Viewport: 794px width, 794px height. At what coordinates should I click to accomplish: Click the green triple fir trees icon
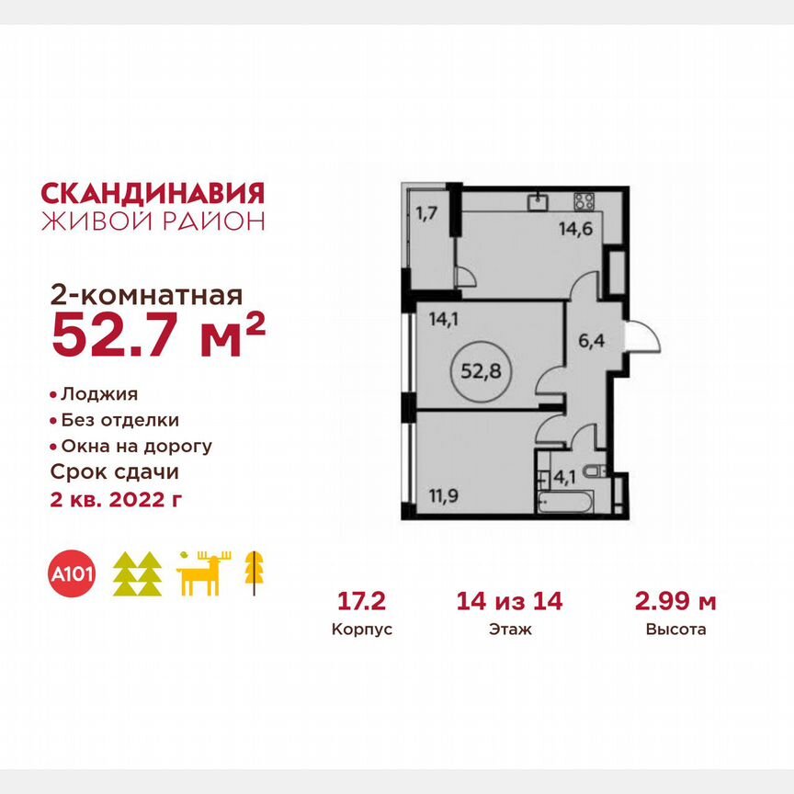pos(137,574)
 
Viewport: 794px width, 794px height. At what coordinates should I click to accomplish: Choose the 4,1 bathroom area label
pos(561,476)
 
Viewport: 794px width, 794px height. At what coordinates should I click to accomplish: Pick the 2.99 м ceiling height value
pos(676,602)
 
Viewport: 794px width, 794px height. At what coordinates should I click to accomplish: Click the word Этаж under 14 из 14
pos(510,630)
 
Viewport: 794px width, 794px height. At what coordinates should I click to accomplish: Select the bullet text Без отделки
pos(119,420)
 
